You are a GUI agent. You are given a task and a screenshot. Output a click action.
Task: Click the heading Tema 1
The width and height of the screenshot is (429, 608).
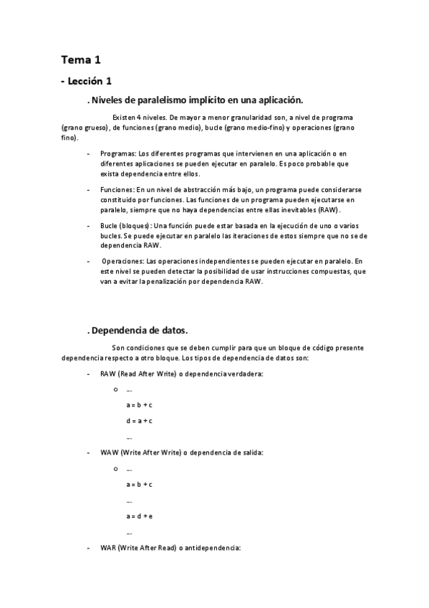point(79,60)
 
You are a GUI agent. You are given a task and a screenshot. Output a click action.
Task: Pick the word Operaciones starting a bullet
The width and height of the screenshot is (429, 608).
point(122,262)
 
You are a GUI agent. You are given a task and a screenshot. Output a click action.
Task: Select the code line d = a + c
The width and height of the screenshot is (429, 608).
point(140,421)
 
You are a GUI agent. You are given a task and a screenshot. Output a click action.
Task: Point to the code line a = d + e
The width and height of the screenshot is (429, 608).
point(140,516)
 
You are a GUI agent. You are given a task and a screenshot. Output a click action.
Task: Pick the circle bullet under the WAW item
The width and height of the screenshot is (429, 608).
point(115,469)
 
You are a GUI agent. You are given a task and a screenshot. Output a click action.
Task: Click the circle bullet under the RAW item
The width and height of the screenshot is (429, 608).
point(115,389)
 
